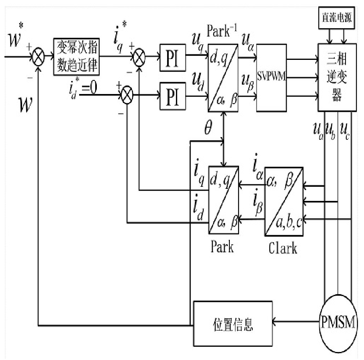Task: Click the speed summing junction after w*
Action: point(38,57)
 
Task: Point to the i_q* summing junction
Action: point(139,57)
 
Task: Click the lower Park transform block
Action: point(223,200)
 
